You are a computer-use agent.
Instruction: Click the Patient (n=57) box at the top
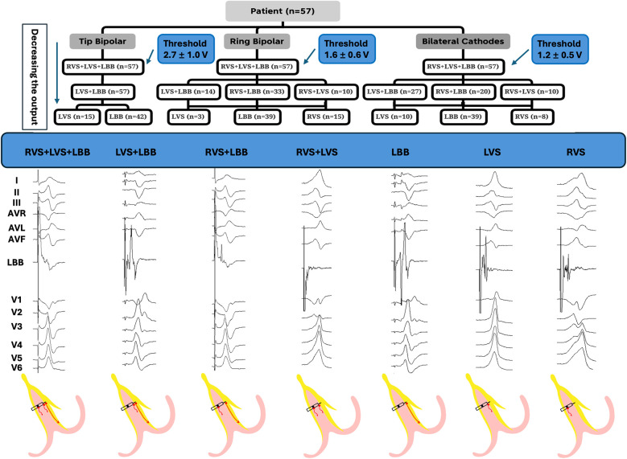click(283, 11)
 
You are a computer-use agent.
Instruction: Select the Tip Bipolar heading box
click(102, 41)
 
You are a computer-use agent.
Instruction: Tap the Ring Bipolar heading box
click(257, 41)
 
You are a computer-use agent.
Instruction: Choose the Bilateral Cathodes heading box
click(463, 41)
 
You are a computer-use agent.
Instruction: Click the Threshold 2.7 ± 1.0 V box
click(186, 49)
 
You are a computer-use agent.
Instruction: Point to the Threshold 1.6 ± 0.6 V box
click(347, 49)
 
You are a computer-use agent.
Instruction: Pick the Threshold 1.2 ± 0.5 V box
click(560, 49)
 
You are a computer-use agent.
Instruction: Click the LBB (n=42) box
click(128, 117)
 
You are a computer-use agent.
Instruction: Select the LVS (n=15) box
click(76, 117)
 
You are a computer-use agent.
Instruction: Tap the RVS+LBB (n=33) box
click(257, 92)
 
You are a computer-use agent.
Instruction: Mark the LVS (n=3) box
click(188, 117)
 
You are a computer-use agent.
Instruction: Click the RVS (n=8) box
click(532, 117)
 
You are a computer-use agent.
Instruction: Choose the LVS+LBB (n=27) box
click(394, 92)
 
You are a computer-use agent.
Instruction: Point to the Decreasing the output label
click(35, 76)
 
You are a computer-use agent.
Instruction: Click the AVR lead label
click(17, 213)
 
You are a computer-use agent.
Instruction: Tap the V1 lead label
click(16, 300)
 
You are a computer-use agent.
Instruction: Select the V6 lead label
click(16, 367)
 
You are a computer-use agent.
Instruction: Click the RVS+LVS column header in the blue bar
click(316, 152)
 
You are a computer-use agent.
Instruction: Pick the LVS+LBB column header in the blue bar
click(136, 152)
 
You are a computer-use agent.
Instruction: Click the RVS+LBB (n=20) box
click(463, 92)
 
